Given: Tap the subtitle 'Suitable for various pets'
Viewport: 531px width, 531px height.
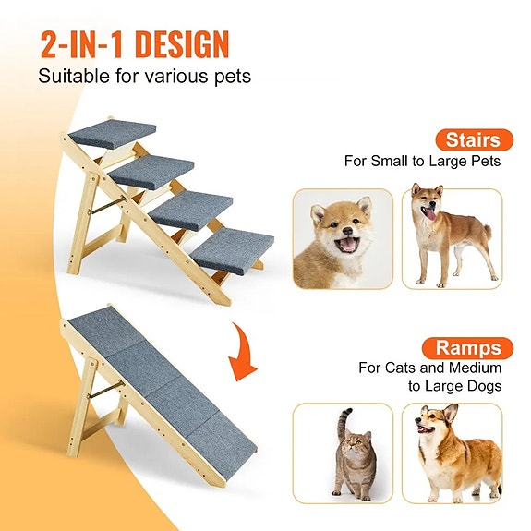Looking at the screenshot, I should coord(144,76).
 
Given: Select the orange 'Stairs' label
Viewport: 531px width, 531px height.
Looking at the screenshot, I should coord(473,140).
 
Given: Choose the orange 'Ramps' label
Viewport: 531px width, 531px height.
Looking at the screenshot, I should coord(469,348).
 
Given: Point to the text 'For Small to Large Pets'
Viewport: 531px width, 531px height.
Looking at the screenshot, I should coord(422,162).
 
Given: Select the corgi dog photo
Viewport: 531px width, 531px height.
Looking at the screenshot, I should coord(453,453).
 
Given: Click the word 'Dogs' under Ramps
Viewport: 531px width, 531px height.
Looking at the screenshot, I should coord(484,386).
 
